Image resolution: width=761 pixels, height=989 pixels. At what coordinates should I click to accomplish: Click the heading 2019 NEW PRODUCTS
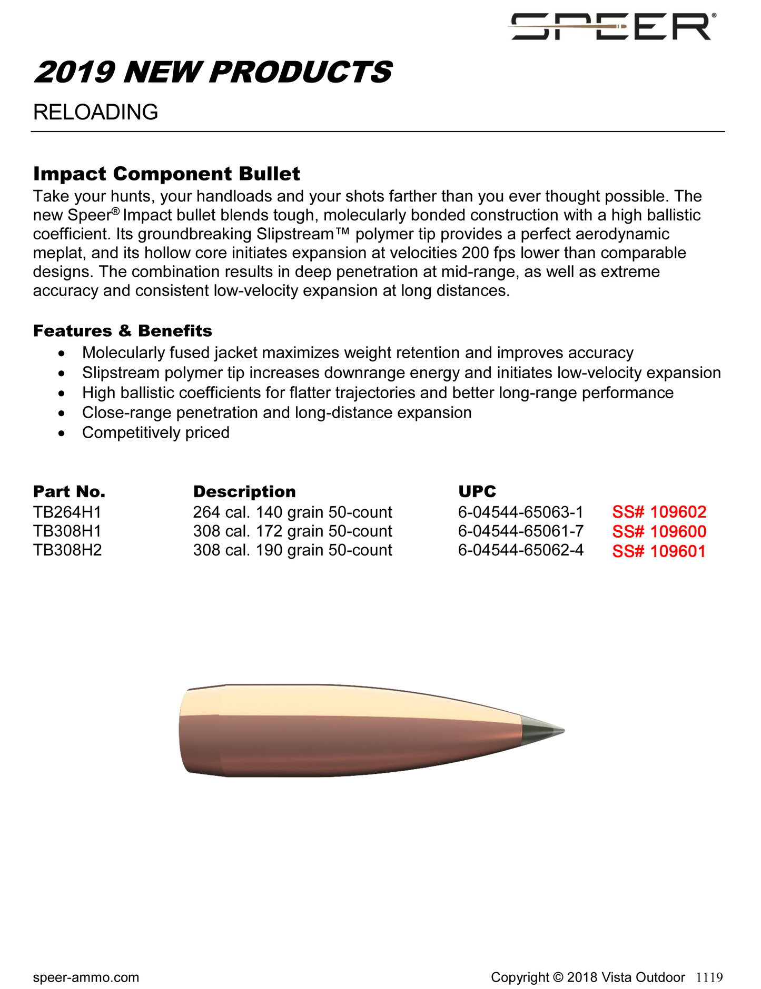[213, 72]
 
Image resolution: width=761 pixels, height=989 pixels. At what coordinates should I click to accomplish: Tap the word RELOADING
[95, 112]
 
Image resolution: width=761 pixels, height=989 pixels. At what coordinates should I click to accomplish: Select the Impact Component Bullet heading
[166, 174]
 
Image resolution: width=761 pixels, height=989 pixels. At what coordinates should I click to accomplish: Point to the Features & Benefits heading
[122, 331]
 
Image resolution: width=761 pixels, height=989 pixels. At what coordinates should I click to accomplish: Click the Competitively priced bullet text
[155, 432]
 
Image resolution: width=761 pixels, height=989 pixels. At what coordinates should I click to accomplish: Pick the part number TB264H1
[67, 512]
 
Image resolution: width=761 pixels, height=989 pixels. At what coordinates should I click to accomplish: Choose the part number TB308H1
[67, 531]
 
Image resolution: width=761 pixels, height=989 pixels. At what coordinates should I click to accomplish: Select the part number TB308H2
[67, 550]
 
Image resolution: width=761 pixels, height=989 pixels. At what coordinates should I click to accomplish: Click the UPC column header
[477, 491]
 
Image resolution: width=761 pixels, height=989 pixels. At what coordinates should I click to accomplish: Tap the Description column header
[244, 491]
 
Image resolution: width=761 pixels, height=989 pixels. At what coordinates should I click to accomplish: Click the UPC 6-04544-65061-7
[520, 531]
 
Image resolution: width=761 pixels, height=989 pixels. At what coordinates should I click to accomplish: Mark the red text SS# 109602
[659, 512]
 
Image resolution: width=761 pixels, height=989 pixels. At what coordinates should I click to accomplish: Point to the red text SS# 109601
[658, 551]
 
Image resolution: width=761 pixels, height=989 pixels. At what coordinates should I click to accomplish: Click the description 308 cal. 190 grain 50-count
[292, 550]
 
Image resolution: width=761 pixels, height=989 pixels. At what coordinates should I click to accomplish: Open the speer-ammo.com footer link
[86, 977]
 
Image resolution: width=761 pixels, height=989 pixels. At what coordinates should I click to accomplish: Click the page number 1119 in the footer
[709, 977]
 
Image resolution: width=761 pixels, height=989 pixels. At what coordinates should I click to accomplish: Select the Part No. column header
[69, 491]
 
